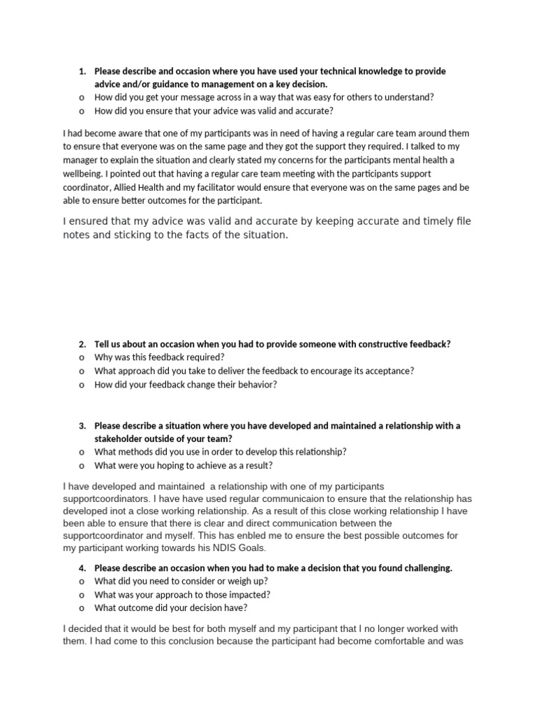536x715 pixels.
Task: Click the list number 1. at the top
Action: [82, 71]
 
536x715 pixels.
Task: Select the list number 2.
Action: [82, 344]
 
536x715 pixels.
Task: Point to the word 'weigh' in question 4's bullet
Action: [232, 581]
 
